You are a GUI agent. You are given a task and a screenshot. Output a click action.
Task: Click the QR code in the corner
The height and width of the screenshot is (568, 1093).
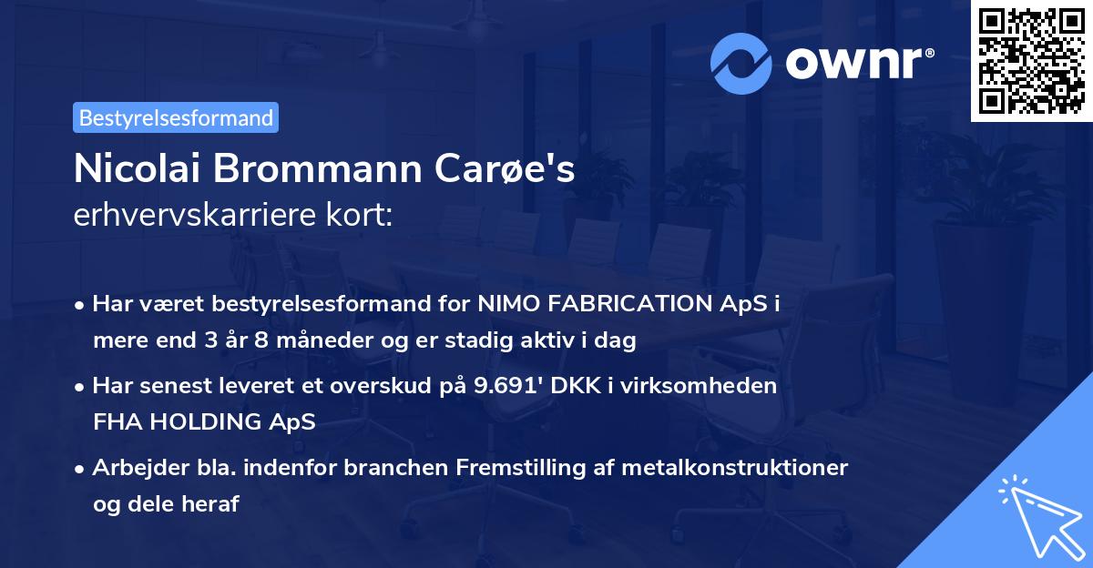click(x=1032, y=60)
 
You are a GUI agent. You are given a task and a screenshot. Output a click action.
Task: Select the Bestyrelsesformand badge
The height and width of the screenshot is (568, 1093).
click(x=176, y=117)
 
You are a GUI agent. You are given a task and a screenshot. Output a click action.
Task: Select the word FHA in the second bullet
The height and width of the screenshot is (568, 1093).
click(x=115, y=422)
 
